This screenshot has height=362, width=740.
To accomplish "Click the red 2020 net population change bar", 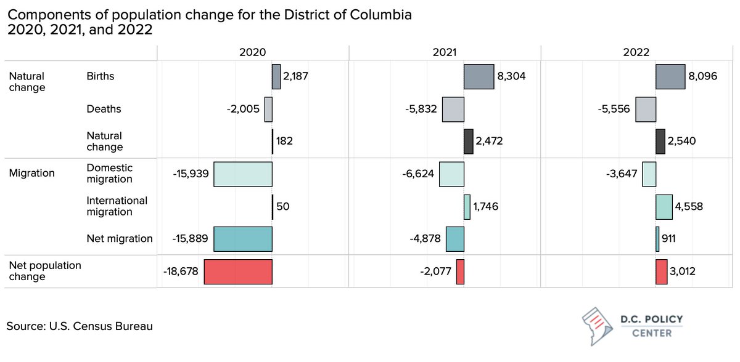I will pyautogui.click(x=238, y=271).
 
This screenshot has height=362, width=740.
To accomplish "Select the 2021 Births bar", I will pyautogui.click(x=479, y=77).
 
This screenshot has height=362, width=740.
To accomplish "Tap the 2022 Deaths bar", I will pyautogui.click(x=646, y=109).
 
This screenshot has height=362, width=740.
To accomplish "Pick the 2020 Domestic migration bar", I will pyautogui.click(x=243, y=174).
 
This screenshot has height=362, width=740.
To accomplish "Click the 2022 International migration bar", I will pyautogui.click(x=664, y=207).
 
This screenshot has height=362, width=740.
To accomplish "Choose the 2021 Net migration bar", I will pyautogui.click(x=454, y=239).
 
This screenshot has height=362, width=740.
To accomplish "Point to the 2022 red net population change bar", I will pyautogui.click(x=661, y=271).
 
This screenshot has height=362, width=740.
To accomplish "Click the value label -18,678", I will pyautogui.click(x=181, y=271).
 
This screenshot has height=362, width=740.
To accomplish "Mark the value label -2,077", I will pyautogui.click(x=437, y=271).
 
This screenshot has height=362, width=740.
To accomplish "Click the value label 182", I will pyautogui.click(x=284, y=142).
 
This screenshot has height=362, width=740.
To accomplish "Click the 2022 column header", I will pyautogui.click(x=636, y=53).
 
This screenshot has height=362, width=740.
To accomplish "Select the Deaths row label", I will pyautogui.click(x=104, y=109).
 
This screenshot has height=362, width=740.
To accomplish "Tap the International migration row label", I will pyautogui.click(x=117, y=206).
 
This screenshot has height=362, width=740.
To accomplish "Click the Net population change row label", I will pyautogui.click(x=44, y=271).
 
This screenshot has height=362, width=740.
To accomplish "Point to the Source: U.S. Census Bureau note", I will pyautogui.click(x=80, y=326).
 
